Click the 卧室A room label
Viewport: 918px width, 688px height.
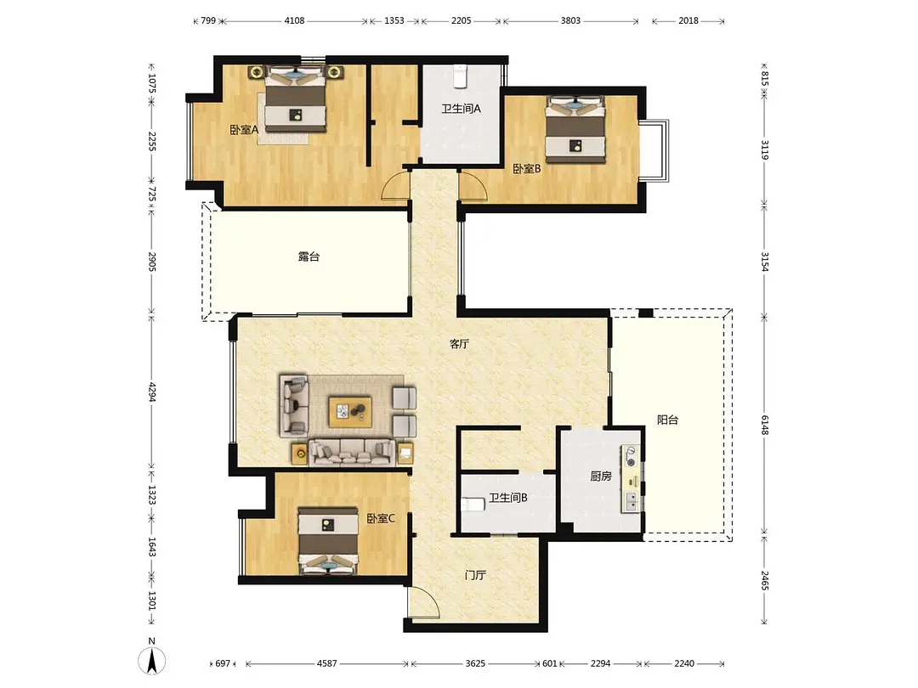pyautogui.click(x=244, y=130)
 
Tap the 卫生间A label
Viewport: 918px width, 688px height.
pyautogui.click(x=461, y=109)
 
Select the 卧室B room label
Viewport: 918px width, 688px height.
pyautogui.click(x=526, y=169)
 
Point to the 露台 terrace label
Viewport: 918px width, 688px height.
pyautogui.click(x=309, y=257)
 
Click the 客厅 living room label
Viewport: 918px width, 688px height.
pyautogui.click(x=459, y=344)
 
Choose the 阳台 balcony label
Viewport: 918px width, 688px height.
pyautogui.click(x=667, y=420)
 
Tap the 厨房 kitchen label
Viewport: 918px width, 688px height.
pyautogui.click(x=601, y=477)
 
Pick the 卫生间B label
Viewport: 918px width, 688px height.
pyautogui.click(x=508, y=498)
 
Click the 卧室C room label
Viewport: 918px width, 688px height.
pyautogui.click(x=381, y=518)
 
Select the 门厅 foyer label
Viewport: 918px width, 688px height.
pyautogui.click(x=475, y=576)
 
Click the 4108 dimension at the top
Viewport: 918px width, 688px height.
pyautogui.click(x=294, y=21)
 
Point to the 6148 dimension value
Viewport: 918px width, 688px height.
pyautogui.click(x=765, y=425)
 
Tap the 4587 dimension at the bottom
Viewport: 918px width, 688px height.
pyautogui.click(x=326, y=663)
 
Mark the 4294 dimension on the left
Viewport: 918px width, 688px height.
pyautogui.click(x=151, y=392)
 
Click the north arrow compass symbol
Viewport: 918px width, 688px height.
pyautogui.click(x=151, y=660)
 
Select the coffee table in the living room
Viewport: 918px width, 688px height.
pyautogui.click(x=350, y=412)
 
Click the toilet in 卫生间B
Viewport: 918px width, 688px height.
pyautogui.click(x=473, y=505)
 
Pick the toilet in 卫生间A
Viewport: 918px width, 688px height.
pyautogui.click(x=461, y=76)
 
